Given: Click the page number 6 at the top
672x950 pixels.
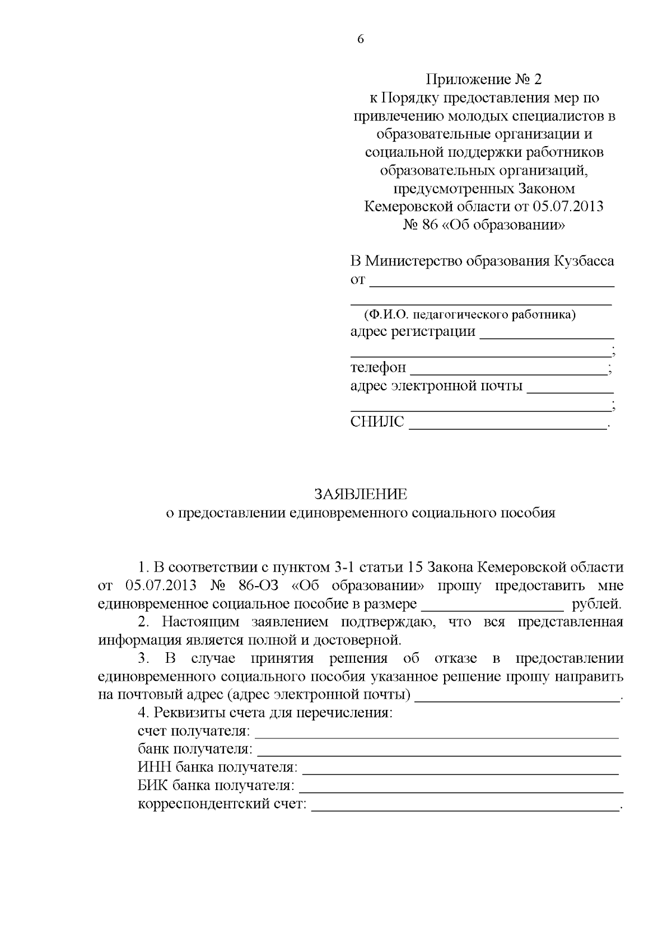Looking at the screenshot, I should click(x=360, y=40).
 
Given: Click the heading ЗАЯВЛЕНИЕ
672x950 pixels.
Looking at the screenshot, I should click(x=361, y=494).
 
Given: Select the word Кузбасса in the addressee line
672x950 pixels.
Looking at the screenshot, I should click(x=584, y=261).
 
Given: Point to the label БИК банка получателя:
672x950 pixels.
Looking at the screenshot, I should click(x=216, y=785).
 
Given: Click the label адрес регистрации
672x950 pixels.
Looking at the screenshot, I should click(x=413, y=331).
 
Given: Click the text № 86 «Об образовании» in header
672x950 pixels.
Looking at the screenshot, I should click(x=484, y=225).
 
